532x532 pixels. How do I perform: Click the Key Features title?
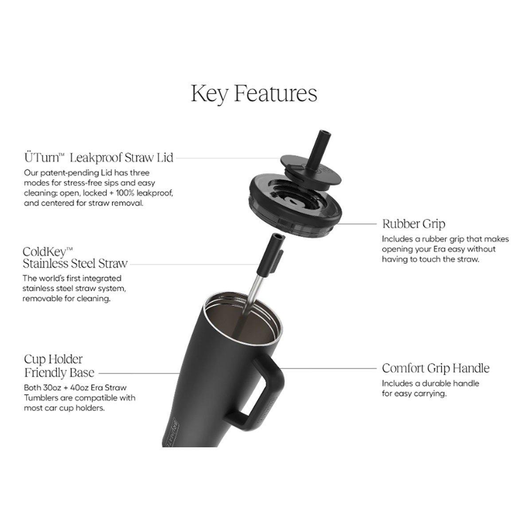coord(254,94)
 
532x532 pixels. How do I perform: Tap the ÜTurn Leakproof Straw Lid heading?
coord(98,158)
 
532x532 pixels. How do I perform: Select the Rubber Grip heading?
coord(414,223)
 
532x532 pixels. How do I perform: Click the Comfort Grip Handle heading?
coord(435,368)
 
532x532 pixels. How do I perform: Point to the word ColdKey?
coord(47,252)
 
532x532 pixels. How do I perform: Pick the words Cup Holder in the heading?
coord(53,359)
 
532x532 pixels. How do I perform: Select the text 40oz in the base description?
coord(79,387)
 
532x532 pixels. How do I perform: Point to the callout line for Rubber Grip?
coord(356,224)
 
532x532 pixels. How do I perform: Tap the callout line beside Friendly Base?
coord(139,373)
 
